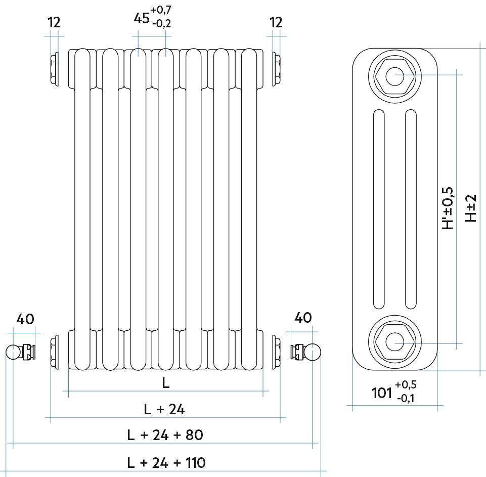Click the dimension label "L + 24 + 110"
pos(166,462)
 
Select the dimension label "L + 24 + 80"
pos(165,435)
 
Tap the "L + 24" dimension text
pos(164,409)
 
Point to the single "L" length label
pos(165,383)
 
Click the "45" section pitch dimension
pos(141,19)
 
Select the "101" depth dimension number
pos(382,393)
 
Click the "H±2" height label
pos(470,208)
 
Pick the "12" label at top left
pos(54,22)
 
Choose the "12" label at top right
pos(276,22)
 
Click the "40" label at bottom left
pos(25,319)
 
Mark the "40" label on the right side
pos(303,318)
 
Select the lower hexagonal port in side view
pos(394,342)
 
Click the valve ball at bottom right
pos(313,352)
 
